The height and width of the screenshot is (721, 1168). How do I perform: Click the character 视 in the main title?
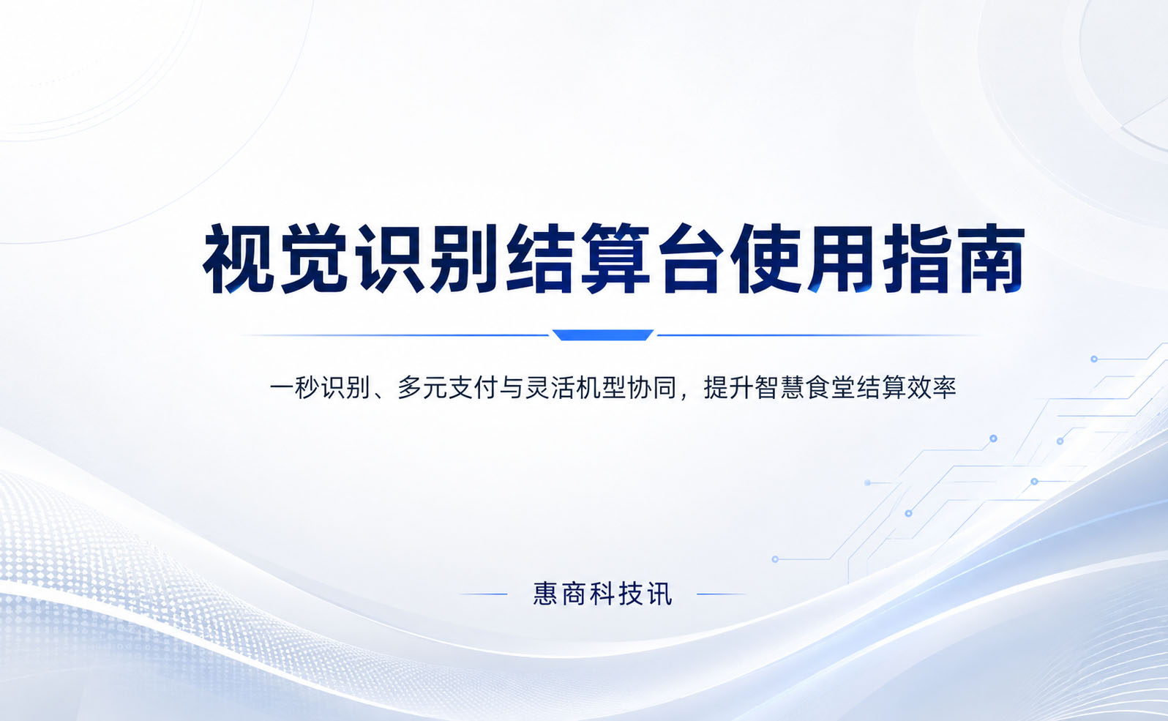tap(239, 259)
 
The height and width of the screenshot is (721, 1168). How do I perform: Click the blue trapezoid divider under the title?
tap(603, 335)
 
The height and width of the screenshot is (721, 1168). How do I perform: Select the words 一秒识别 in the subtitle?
tap(320, 388)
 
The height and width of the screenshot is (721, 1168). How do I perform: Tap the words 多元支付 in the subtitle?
tap(447, 388)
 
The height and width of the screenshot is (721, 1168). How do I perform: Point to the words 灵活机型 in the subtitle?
tap(575, 388)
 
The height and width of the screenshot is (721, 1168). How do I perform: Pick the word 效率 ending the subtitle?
tap(932, 388)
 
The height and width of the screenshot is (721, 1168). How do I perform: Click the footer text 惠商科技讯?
tap(603, 594)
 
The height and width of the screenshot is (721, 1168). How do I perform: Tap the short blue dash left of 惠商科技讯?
tap(483, 594)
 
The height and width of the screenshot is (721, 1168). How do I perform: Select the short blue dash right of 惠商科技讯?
tap(721, 594)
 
